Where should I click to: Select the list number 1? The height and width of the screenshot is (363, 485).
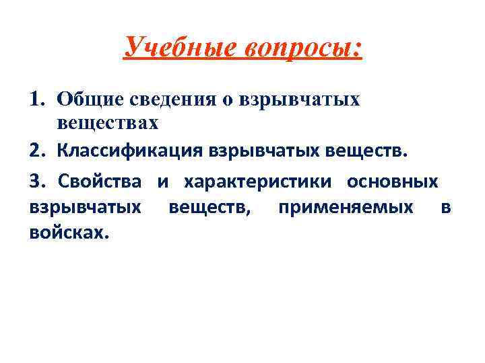click(x=37, y=99)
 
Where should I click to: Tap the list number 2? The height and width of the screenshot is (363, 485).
click(x=37, y=149)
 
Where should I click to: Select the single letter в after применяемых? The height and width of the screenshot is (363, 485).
click(x=445, y=207)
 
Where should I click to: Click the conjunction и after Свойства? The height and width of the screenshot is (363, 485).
click(x=162, y=182)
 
